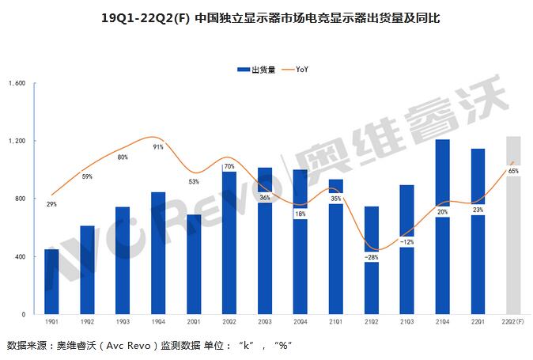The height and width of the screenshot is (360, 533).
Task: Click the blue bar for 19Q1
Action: click(x=52, y=282)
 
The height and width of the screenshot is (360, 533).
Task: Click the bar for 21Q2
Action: click(x=372, y=285)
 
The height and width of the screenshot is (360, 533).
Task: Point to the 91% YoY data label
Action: click(x=158, y=146)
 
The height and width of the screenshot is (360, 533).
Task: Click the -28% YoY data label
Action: click(x=372, y=257)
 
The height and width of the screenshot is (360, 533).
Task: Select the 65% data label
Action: click(x=513, y=171)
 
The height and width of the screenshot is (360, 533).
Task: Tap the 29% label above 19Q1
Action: click(x=52, y=204)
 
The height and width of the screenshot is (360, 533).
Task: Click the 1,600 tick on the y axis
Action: click(x=18, y=83)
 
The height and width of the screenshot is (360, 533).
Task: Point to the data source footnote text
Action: click(x=150, y=346)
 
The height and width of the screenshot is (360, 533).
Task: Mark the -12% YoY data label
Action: click(x=407, y=241)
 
